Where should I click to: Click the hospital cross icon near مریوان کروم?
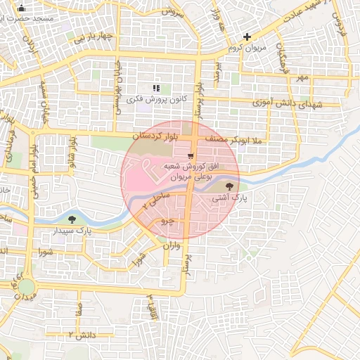pyautogui.click(x=247, y=37)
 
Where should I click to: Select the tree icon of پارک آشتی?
pyautogui.click(x=230, y=186)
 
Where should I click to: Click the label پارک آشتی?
pyautogui.click(x=230, y=199)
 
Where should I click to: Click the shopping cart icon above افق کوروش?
pyautogui.click(x=191, y=156)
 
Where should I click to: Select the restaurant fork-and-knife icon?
pyautogui.click(x=156, y=88)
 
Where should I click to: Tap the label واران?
pyautogui.click(x=172, y=246)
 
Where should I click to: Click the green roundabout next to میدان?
pyautogui.click(x=27, y=286)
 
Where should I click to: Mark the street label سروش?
pyautogui.click(x=172, y=12)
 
